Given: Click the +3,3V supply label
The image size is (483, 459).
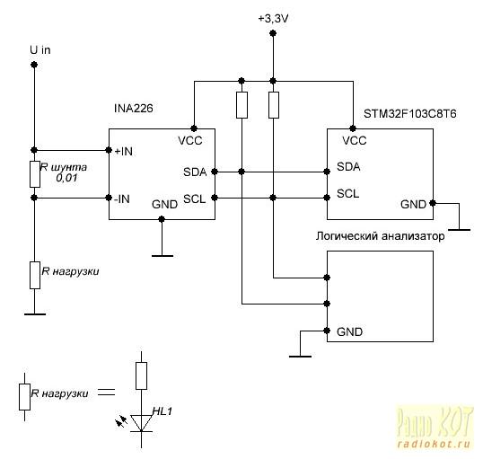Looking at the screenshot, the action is (x=273, y=19).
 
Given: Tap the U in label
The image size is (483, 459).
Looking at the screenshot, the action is (x=40, y=50).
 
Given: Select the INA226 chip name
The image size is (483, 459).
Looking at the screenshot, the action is (x=134, y=109).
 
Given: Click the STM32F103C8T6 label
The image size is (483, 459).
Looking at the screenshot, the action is (x=410, y=114).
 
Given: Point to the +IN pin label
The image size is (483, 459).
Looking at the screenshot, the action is (x=124, y=152).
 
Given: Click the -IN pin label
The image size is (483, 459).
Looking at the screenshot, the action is (x=122, y=199).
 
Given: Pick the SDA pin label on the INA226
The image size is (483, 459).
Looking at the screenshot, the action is (x=195, y=172).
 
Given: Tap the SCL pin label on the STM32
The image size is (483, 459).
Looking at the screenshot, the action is (x=348, y=194).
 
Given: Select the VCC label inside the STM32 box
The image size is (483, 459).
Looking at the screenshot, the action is (x=355, y=141).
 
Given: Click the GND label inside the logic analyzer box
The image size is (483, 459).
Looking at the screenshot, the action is (x=349, y=332).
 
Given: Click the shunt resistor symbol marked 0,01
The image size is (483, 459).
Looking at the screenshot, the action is (x=35, y=174).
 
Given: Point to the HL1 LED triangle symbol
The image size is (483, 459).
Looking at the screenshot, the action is (x=141, y=423).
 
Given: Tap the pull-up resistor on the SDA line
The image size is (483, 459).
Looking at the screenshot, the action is (x=241, y=105).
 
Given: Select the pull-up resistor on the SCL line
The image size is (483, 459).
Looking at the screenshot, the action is (x=274, y=105).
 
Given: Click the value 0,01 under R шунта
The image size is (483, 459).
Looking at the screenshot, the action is (x=66, y=178).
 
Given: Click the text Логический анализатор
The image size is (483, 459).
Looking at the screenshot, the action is (x=380, y=236).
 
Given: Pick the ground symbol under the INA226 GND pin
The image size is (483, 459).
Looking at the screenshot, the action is (x=162, y=255).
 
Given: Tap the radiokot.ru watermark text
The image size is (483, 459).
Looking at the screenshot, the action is (x=434, y=445).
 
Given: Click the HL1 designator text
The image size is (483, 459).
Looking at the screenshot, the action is (x=162, y=411).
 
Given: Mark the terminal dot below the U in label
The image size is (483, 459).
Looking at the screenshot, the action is (x=34, y=65).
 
